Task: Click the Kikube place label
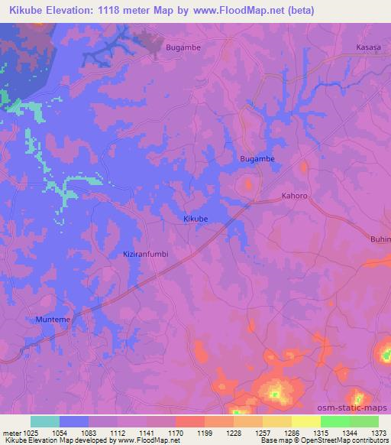pos(195,219)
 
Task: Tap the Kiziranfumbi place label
pos(145,253)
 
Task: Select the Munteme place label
pos(53,319)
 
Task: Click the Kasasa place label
pos(367,47)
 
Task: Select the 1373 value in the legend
pos(378,433)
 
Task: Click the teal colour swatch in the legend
pos(45,421)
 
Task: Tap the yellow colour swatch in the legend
pos(305,421)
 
